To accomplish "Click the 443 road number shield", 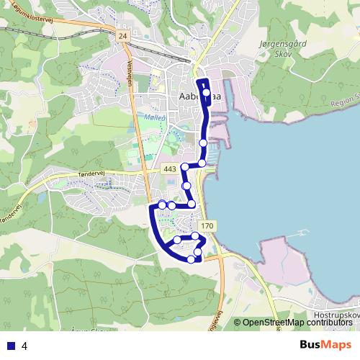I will pos(170,168).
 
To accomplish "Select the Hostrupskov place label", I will pos(336,315).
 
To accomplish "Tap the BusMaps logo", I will pos(325,344).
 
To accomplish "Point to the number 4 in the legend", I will pos(24,345).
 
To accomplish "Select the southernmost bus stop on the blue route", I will pos(191,259).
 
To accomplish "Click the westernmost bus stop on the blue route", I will pos(162,205).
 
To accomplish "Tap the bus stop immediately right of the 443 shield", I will pos(185,167).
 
